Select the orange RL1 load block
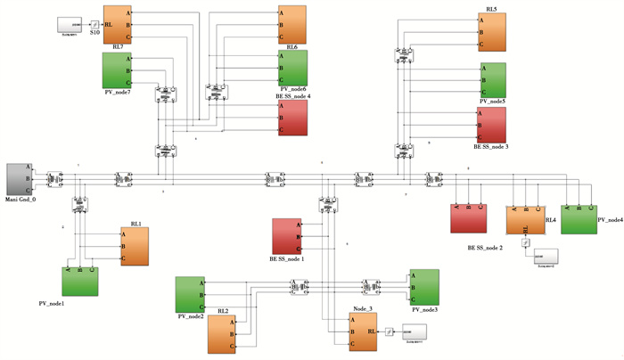[x=130, y=247]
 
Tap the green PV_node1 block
[x=80, y=281]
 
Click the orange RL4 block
[x=524, y=220]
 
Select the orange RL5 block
[x=492, y=32]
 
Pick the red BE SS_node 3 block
[x=492, y=126]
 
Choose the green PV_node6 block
[x=291, y=69]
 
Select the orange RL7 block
[x=118, y=26]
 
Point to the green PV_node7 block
[x=118, y=70]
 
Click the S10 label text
[x=95, y=32]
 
